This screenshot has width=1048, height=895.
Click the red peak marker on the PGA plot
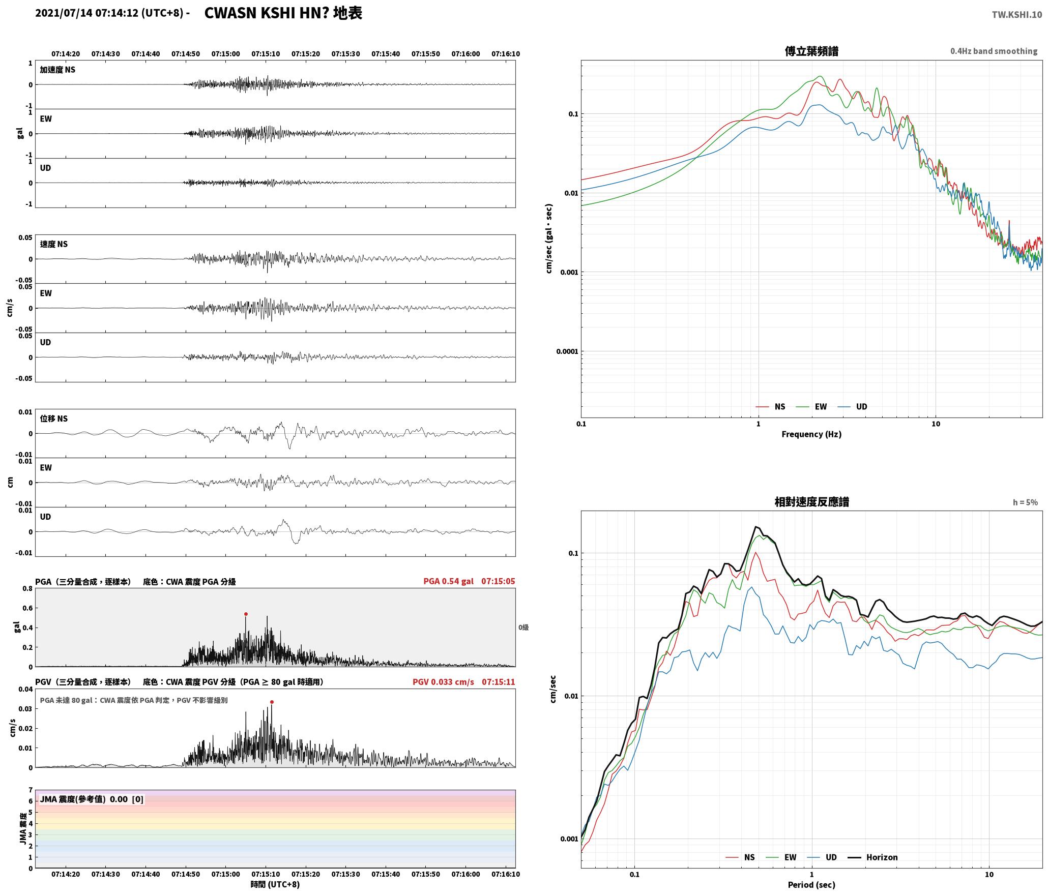pyautogui.click(x=246, y=614)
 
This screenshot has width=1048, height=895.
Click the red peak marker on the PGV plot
pyautogui.click(x=272, y=702)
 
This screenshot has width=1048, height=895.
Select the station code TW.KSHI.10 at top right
pyautogui.click(x=1016, y=15)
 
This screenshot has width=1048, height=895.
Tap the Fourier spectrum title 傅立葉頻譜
pyautogui.click(x=811, y=51)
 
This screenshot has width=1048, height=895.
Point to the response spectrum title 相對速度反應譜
pyautogui.click(x=811, y=502)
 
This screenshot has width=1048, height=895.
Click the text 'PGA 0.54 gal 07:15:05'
pyautogui.click(x=469, y=581)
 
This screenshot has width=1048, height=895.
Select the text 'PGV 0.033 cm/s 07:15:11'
pyautogui.click(x=464, y=682)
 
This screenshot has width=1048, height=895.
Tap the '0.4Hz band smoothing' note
pyautogui.click(x=994, y=51)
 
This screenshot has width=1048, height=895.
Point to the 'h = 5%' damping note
pyautogui.click(x=1025, y=502)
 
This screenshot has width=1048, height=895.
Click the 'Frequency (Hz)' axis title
pyautogui.click(x=811, y=434)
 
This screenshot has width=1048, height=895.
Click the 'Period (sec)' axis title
pyautogui.click(x=811, y=885)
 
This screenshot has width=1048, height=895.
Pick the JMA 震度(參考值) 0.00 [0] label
pyautogui.click(x=92, y=799)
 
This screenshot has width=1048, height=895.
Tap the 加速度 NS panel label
pyautogui.click(x=57, y=70)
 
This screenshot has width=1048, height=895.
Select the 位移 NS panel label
pyautogui.click(x=54, y=419)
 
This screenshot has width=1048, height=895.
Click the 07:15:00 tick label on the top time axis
pyautogui.click(x=226, y=54)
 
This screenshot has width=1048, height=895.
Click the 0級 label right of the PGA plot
pyautogui.click(x=523, y=628)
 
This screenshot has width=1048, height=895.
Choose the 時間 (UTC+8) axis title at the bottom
pyautogui.click(x=275, y=885)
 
